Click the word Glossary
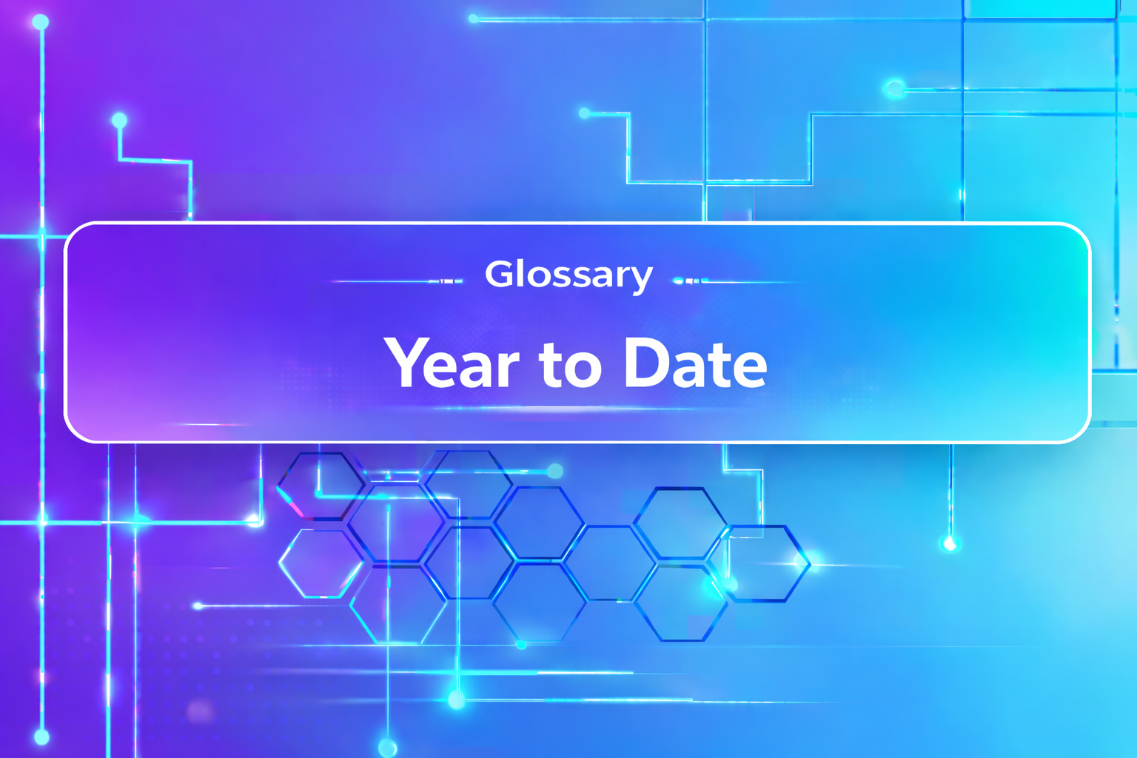[x=568, y=275]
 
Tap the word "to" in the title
[x=570, y=364]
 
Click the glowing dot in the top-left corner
[x=41, y=22]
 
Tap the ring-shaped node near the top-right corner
[x=895, y=89]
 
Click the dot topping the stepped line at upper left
[x=119, y=120]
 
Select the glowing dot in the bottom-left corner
[x=41, y=737]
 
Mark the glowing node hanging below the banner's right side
[x=950, y=545]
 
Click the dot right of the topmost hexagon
[x=554, y=471]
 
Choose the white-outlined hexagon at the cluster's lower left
[x=321, y=563]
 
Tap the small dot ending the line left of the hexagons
[x=198, y=606]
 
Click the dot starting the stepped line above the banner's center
[x=585, y=113]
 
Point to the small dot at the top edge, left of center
[x=474, y=19]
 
